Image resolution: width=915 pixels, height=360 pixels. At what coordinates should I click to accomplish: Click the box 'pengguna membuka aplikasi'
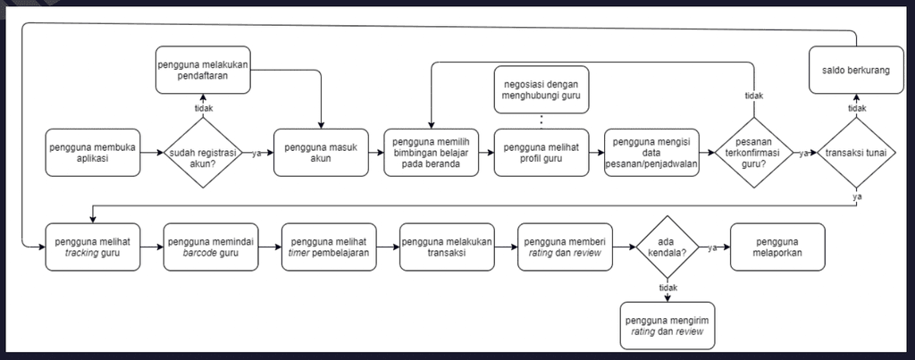coord(92,153)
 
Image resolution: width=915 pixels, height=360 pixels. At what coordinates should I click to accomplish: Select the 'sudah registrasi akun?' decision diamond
coord(203,153)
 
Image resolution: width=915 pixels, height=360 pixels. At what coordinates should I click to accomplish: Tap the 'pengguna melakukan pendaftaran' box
coord(203,70)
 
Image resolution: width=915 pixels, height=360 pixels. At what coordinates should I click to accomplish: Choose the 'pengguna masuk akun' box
coord(319,153)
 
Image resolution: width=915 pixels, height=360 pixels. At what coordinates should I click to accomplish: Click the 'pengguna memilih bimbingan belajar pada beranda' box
coord(431,153)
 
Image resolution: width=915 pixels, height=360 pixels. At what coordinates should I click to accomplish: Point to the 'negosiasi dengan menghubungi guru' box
coord(542,89)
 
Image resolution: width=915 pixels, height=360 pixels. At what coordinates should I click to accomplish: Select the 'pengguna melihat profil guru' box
coord(542,153)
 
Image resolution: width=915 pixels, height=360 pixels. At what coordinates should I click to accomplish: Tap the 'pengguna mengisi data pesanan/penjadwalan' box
coord(651,153)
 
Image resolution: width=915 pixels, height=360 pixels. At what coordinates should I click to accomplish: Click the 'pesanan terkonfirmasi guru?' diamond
coord(752,153)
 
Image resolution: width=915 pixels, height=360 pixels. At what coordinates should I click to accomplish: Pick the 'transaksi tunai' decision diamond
coord(856,153)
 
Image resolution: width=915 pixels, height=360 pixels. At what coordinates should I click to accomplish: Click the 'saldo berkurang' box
coord(856,70)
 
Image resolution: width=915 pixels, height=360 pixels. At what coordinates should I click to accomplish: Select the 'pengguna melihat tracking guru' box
coord(92,247)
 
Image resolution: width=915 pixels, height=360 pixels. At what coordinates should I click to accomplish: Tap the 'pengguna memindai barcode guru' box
coord(211,247)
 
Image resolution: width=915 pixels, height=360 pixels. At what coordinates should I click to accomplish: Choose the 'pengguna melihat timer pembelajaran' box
coord(329,247)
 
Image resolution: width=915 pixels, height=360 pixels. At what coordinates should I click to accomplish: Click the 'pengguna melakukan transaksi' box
coord(448,247)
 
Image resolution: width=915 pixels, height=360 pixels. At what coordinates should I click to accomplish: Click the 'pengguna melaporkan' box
coord(777,247)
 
